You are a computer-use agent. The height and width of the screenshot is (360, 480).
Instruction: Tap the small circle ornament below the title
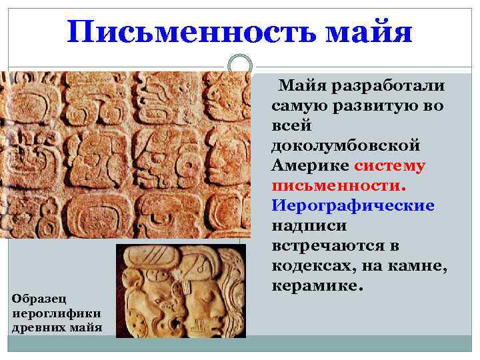click(239, 65)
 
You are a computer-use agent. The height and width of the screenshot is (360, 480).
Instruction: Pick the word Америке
click(311, 165)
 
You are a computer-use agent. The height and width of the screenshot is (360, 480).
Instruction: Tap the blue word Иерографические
click(353, 205)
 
